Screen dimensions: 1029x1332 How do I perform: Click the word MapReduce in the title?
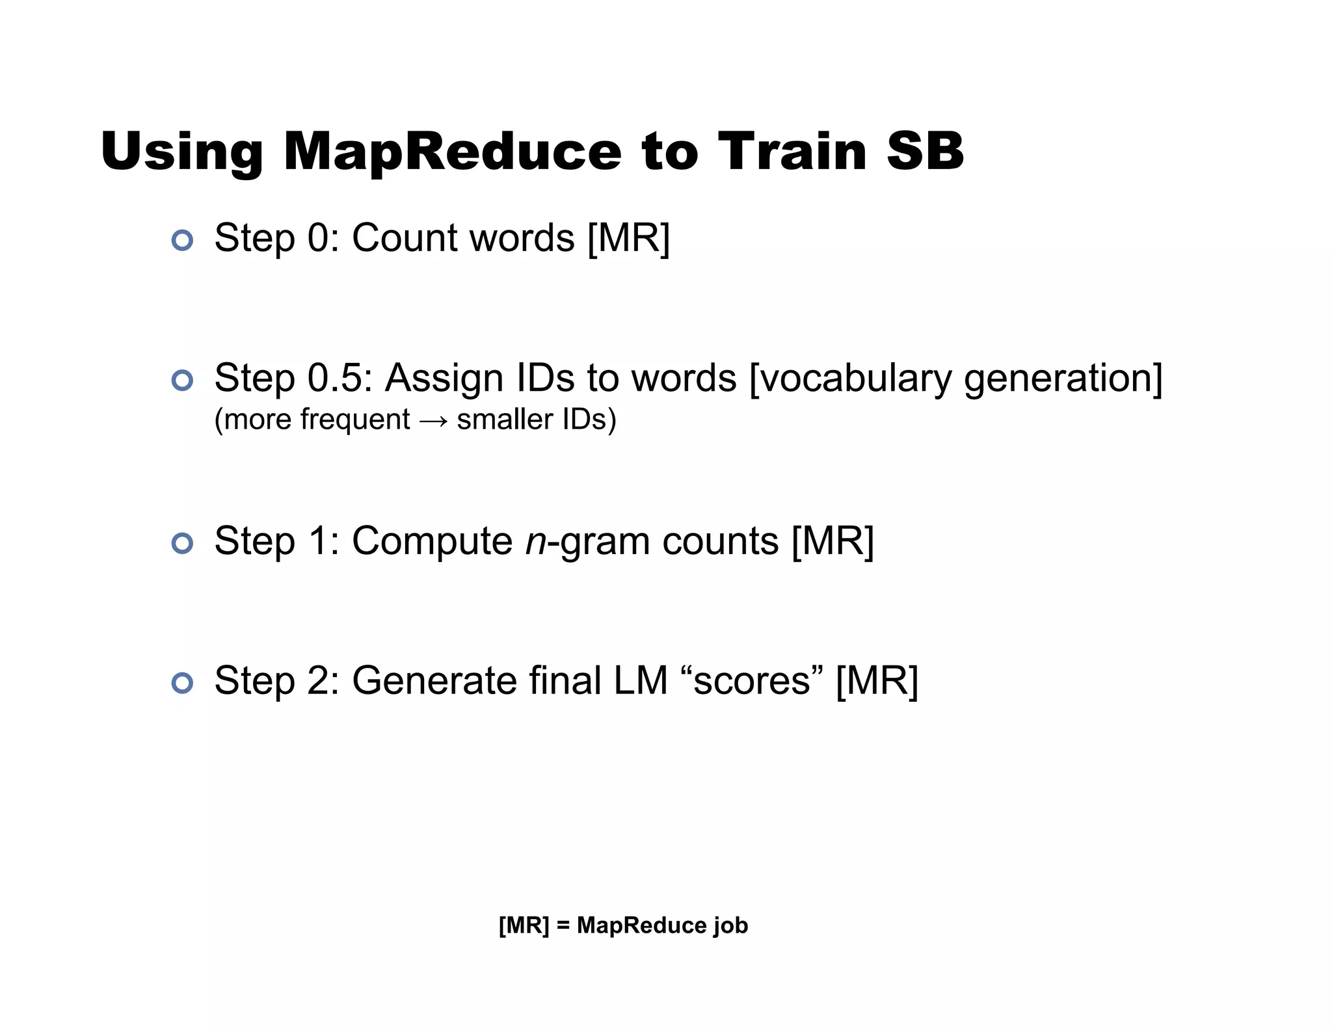coord(452,152)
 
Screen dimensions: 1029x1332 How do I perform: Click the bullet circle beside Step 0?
coord(182,240)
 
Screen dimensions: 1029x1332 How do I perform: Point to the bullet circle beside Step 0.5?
coord(182,380)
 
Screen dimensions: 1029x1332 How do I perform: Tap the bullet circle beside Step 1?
coord(182,543)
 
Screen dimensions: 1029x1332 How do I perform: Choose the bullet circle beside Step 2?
coord(182,683)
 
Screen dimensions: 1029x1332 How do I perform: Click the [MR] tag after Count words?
coord(628,238)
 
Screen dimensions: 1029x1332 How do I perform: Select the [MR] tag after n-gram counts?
coord(832,541)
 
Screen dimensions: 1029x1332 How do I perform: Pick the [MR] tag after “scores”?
coord(877,681)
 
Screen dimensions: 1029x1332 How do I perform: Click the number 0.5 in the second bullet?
coord(332,378)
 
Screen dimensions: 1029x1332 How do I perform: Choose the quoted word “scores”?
coord(752,681)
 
